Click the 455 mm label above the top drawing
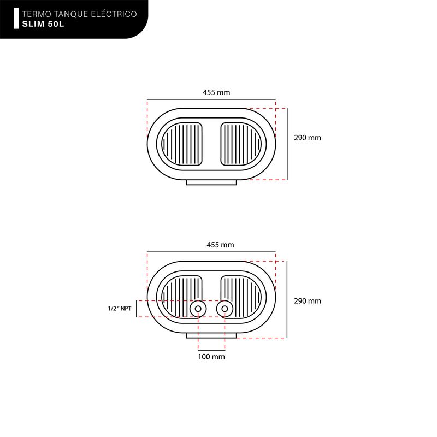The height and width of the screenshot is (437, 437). point(216,92)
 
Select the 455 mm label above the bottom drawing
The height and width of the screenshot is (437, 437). point(220,245)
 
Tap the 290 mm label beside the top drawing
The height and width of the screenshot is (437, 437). point(308,138)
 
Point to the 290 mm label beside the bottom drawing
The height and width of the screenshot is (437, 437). point(308,301)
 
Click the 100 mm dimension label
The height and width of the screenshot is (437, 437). point(211,357)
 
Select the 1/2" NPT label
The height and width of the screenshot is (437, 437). point(120,309)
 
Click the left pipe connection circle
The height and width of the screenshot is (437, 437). point(198,309)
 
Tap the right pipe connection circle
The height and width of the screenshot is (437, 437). point(225,309)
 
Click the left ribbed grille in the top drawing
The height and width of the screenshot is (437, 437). point(182,144)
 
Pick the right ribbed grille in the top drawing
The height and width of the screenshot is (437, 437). point(241,144)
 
